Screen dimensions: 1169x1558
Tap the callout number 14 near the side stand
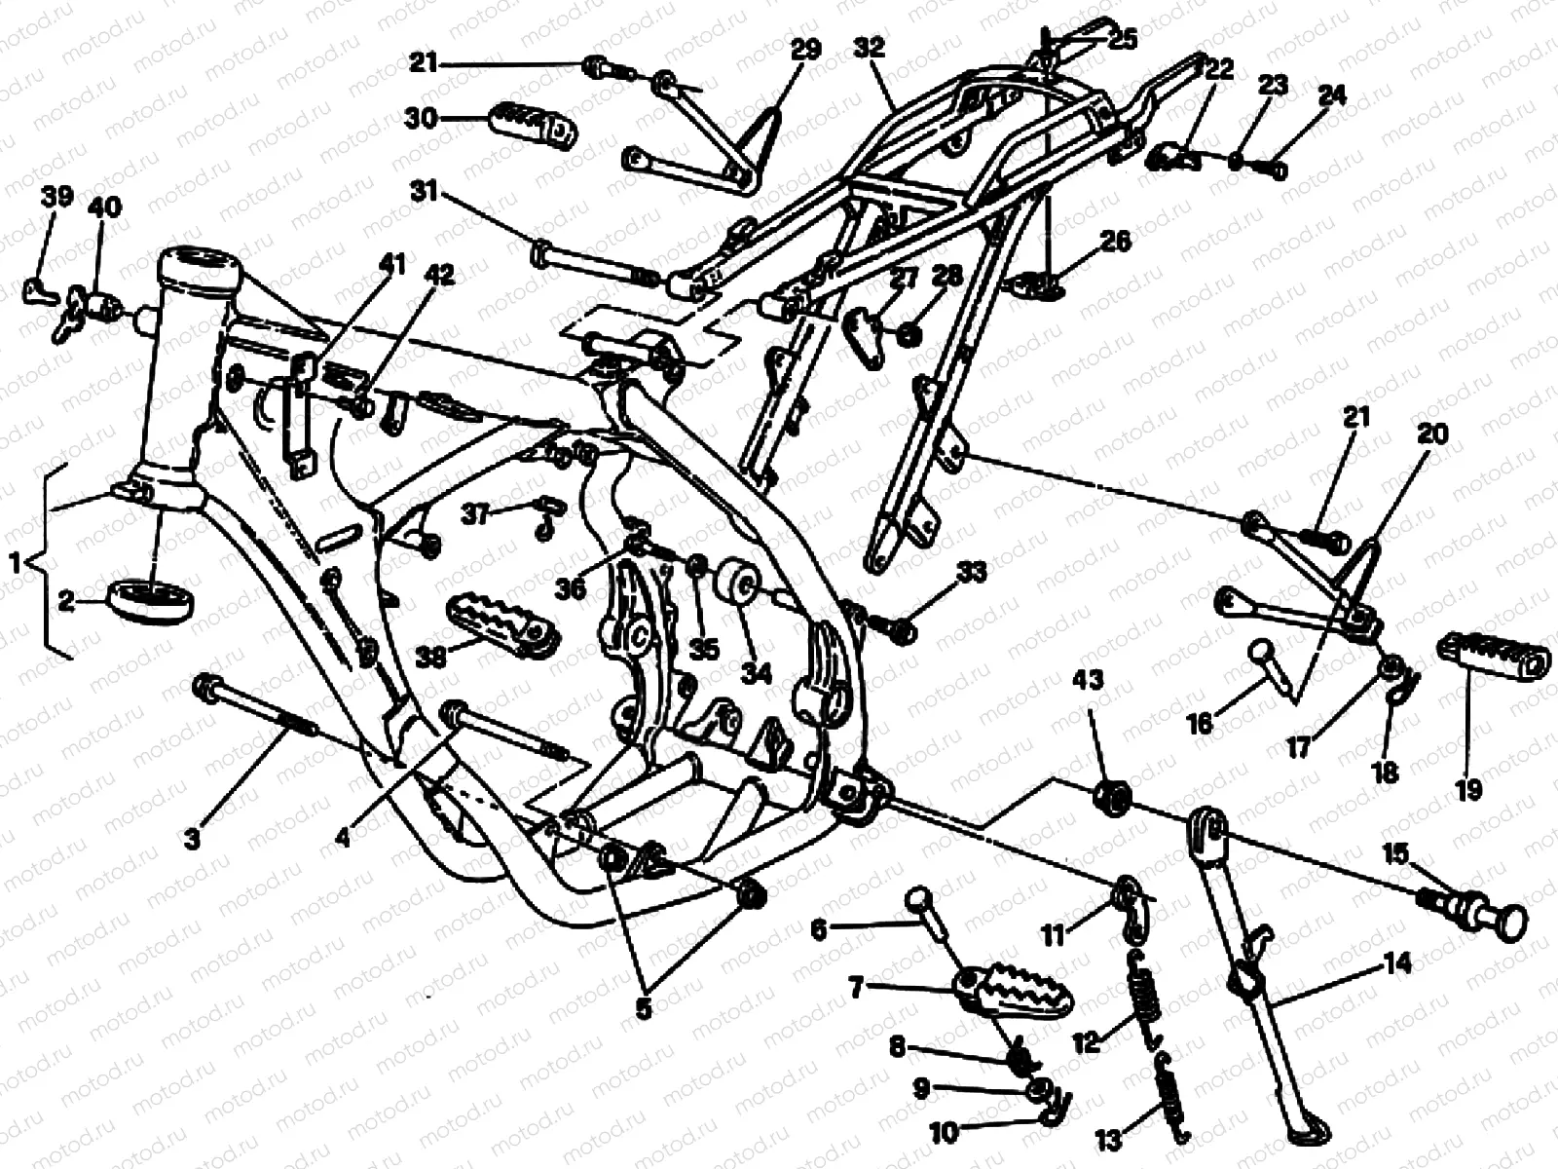1397,965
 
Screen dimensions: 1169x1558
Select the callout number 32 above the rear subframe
869,47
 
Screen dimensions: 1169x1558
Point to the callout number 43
1088,679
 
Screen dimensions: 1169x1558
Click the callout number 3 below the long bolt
192,838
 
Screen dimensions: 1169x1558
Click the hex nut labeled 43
1110,798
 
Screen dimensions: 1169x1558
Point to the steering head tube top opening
201,262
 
